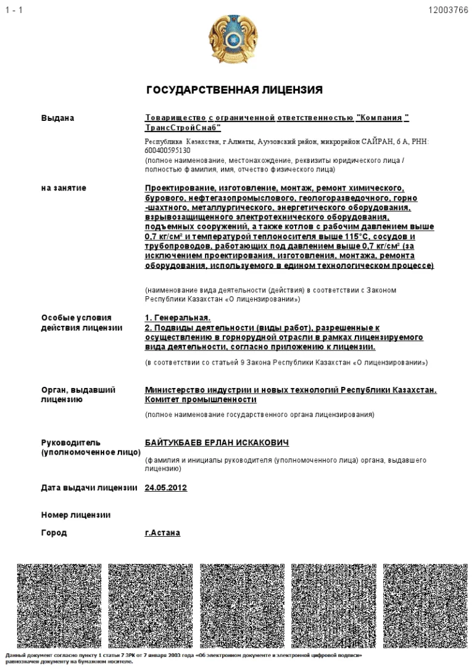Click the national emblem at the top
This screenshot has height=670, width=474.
[233, 38]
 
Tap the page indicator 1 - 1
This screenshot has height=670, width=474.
[14, 10]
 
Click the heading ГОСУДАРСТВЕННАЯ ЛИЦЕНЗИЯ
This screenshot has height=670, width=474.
[234, 90]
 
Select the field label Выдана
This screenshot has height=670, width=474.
[57, 118]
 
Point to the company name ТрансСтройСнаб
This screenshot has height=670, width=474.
[182, 127]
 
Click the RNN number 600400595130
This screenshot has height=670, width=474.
[168, 150]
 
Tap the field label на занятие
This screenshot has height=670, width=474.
[64, 188]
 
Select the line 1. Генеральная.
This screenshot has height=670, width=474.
[177, 318]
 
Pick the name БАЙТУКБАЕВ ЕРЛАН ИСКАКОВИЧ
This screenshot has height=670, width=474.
[217, 443]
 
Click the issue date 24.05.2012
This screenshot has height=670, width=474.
[165, 488]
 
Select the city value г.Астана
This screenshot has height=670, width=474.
[162, 532]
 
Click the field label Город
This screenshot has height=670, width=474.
[54, 532]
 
